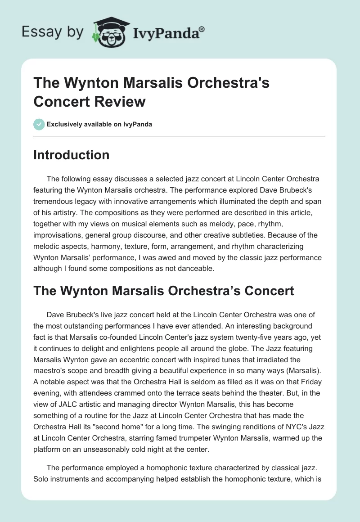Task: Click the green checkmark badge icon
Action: [39, 124]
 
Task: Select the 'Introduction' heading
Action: [72, 155]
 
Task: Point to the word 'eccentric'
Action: [132, 357]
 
